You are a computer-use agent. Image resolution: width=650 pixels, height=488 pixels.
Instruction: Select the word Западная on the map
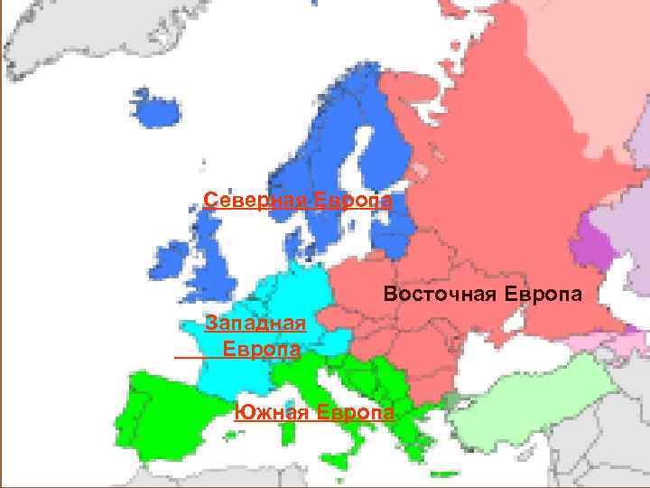tap(257, 324)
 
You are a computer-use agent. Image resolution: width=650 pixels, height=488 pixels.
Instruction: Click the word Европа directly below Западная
tap(262, 349)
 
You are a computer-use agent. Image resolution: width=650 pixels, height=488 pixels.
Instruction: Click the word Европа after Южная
tap(356, 413)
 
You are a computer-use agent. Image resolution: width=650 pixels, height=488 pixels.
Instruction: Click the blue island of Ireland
tap(169, 261)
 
